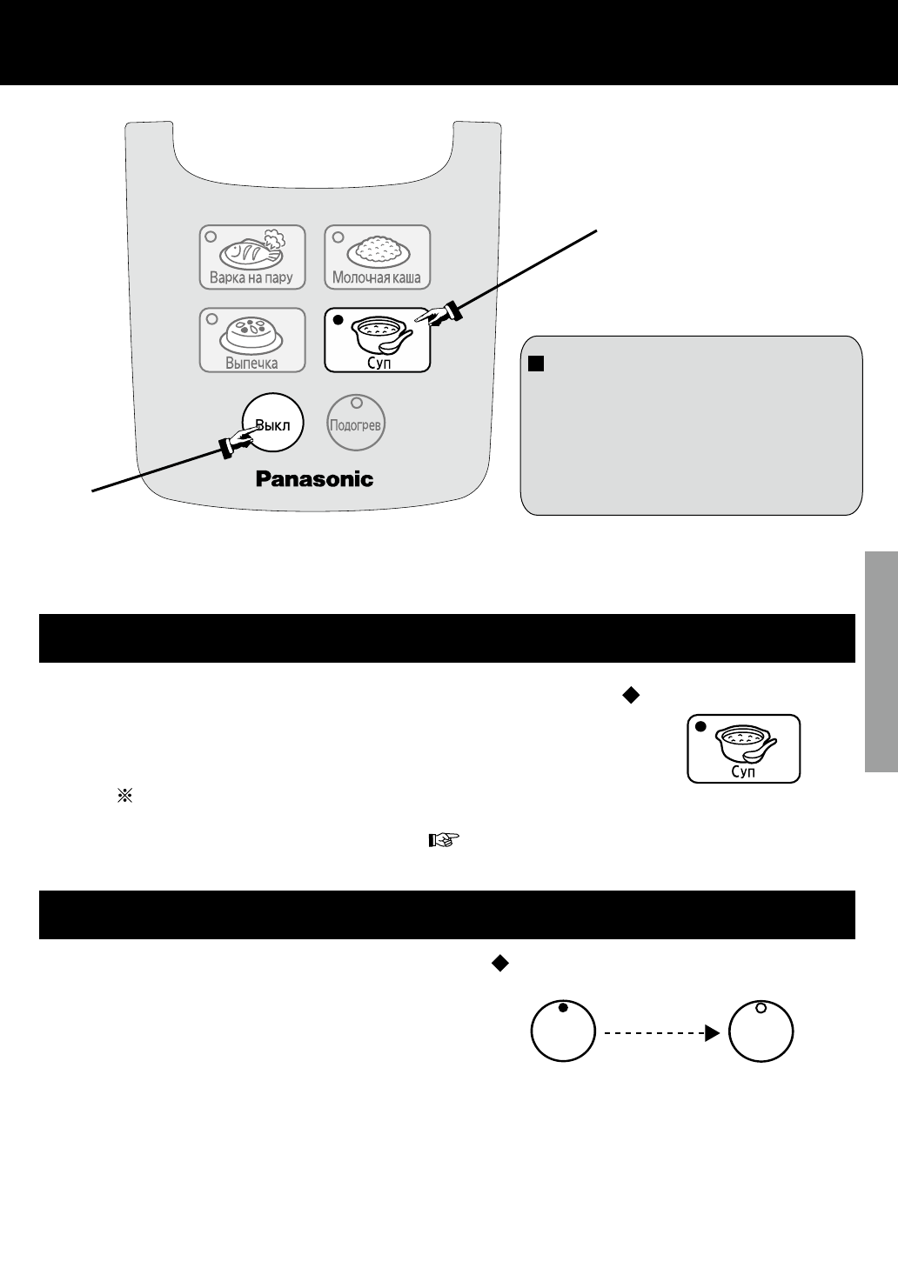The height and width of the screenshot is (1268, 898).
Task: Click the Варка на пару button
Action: point(252,257)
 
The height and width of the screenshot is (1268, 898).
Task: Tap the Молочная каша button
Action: point(377,257)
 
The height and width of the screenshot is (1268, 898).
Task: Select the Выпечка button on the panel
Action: point(252,340)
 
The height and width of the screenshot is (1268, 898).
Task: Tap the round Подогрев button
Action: point(356,425)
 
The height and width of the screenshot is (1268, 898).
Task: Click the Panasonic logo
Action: point(314,478)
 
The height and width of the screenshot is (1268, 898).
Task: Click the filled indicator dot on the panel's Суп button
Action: point(338,321)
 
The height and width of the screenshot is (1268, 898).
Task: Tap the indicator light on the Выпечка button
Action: point(211,318)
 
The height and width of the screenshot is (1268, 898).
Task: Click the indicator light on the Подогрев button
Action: point(356,404)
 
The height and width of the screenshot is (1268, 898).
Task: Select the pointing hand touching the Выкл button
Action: point(237,442)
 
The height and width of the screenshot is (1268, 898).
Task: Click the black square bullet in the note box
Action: point(534,360)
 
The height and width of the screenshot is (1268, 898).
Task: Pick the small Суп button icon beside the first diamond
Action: point(743,749)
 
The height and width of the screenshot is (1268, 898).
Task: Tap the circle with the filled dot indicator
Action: point(563,1031)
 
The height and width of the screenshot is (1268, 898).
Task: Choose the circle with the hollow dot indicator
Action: point(761,1031)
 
